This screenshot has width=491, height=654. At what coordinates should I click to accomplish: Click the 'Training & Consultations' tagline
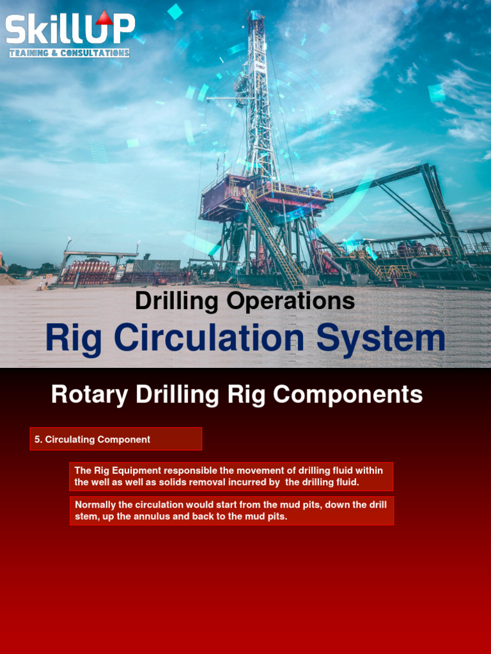point(69,53)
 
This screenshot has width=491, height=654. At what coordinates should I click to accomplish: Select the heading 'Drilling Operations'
point(245,301)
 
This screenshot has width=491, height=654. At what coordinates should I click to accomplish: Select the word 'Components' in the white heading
point(348,395)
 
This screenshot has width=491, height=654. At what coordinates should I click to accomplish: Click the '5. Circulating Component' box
point(116,439)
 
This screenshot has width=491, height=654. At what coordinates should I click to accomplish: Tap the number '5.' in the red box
point(38,439)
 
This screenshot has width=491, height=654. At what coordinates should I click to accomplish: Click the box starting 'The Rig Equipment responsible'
point(231,476)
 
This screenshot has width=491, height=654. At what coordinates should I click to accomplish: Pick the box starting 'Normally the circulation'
point(231,510)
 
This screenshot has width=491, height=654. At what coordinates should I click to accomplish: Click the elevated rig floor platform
point(265,195)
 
